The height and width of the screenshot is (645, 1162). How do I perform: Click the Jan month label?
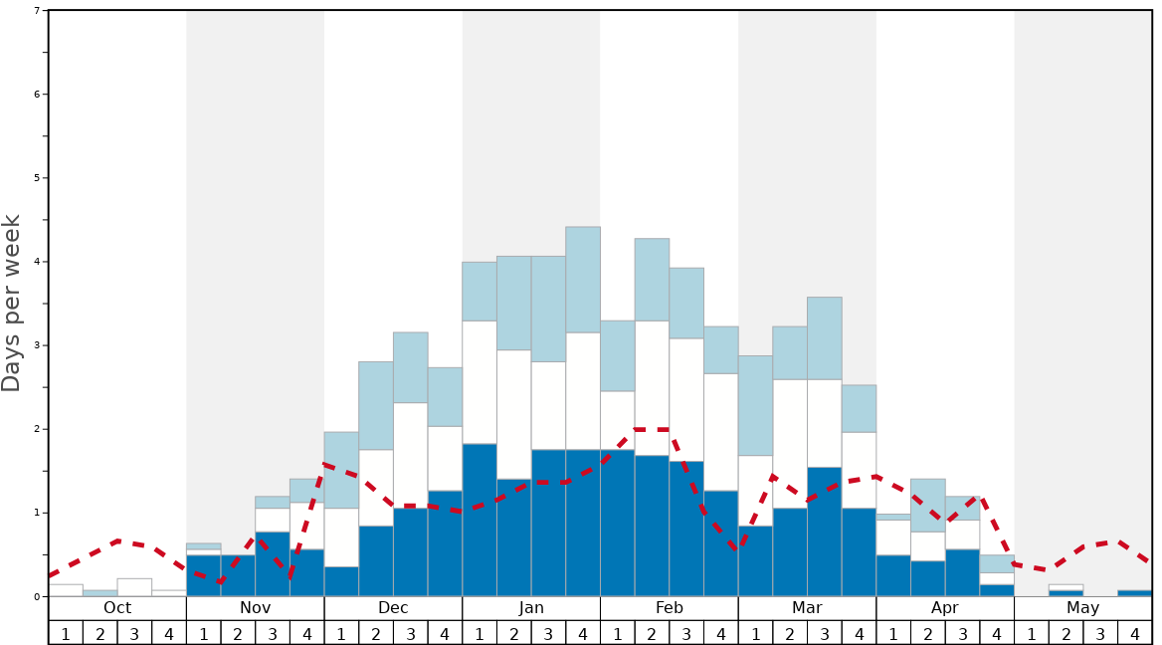click(531, 608)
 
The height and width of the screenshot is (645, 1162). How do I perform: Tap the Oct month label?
click(117, 608)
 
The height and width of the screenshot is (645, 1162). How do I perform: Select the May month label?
click(1082, 608)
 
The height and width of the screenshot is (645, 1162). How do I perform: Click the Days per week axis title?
click(12, 303)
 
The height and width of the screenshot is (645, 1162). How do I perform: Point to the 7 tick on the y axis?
click(37, 11)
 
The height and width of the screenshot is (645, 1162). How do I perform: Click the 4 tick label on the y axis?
click(37, 262)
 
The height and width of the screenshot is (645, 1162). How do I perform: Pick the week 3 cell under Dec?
click(411, 633)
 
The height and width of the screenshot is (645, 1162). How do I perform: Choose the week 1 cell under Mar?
click(755, 633)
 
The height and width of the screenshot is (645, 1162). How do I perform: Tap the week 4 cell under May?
click(1134, 633)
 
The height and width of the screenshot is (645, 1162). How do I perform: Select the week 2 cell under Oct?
click(100, 633)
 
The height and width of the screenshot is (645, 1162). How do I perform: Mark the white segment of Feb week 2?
click(652, 387)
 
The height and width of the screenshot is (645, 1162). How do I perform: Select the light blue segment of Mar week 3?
click(824, 337)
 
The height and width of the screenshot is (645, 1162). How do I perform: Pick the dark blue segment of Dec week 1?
click(341, 581)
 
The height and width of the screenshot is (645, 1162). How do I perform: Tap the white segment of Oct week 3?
click(134, 587)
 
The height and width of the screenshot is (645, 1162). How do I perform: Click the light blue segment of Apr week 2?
click(927, 505)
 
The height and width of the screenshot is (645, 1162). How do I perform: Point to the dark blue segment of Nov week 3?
click(273, 563)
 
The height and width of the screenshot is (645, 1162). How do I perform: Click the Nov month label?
click(256, 608)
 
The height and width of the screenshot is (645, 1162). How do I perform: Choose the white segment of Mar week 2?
click(790, 443)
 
